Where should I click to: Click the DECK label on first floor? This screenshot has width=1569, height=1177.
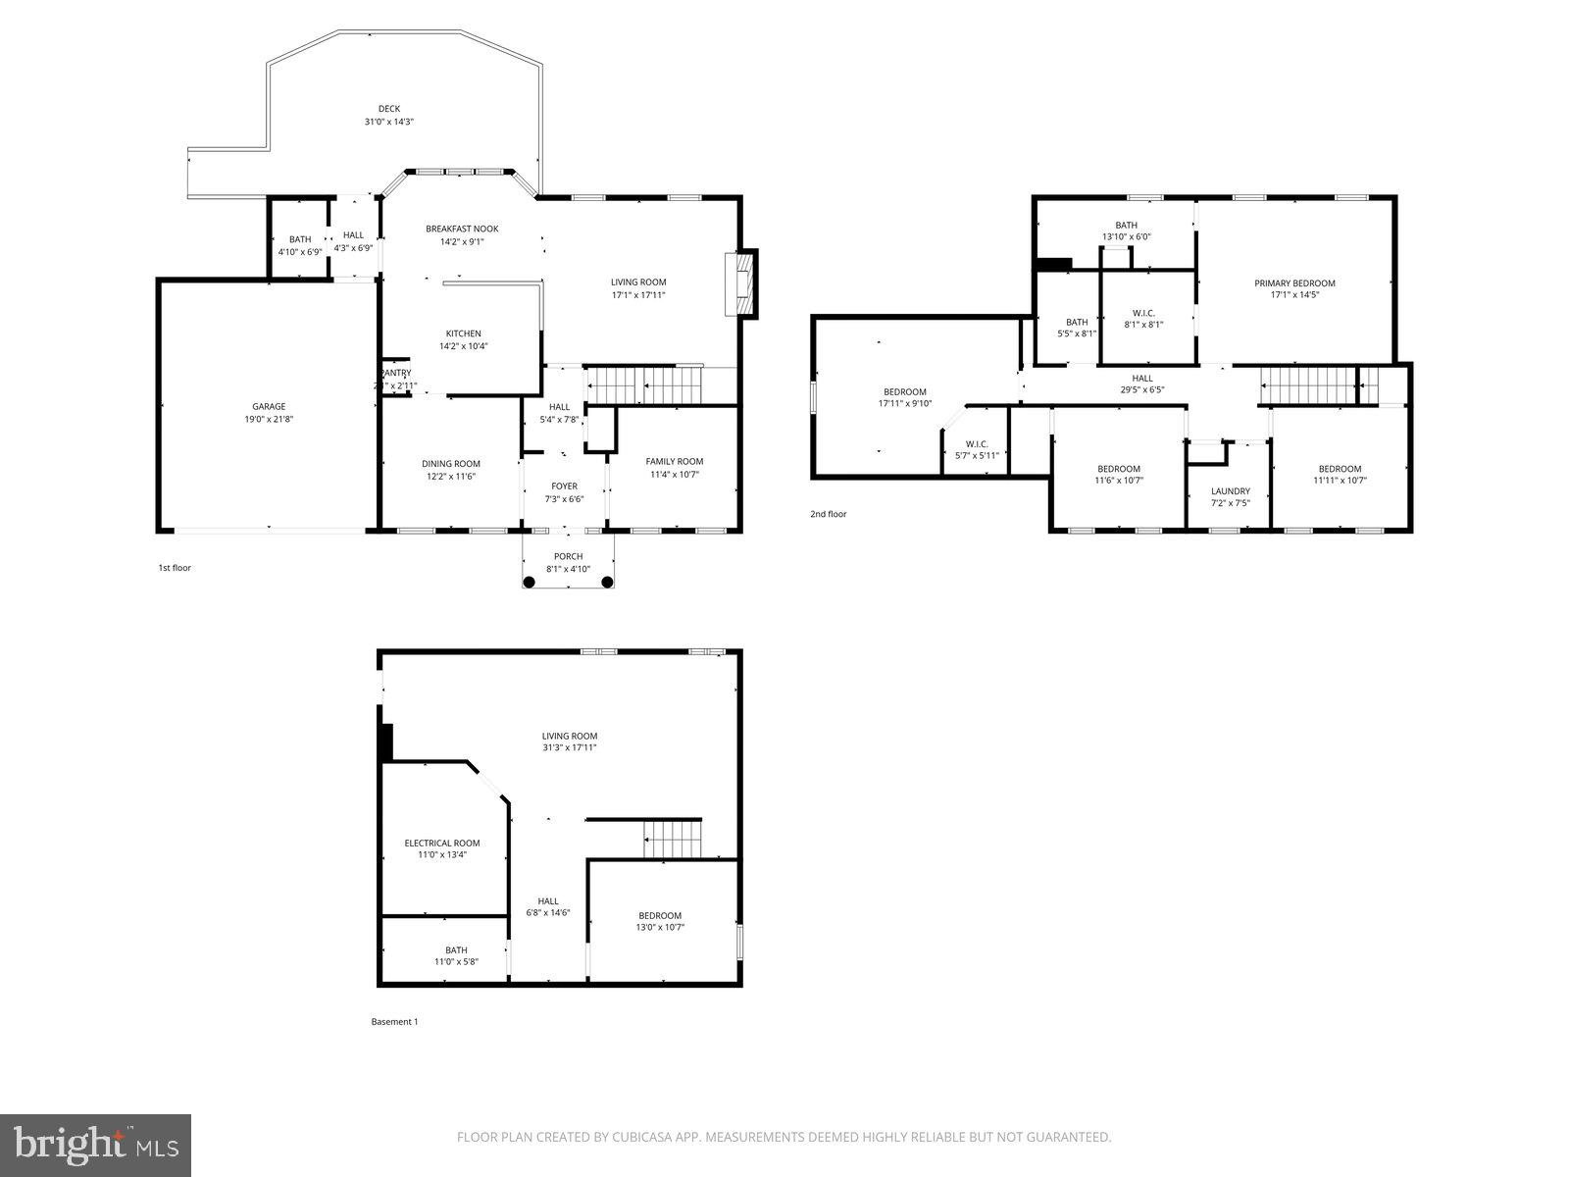pos(389,109)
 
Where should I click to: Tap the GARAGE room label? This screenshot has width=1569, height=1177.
pos(269,406)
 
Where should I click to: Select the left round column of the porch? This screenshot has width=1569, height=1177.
pos(529,582)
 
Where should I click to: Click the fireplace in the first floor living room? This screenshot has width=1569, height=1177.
pos(742,284)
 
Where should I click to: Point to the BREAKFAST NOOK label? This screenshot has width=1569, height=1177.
pos(462,229)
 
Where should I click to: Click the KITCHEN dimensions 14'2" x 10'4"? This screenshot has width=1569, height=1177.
pos(463,346)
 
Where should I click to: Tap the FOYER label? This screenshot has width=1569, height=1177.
pos(564,486)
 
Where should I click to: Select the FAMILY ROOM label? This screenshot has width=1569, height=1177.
pos(674,461)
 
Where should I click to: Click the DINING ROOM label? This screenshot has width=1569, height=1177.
pos(451,464)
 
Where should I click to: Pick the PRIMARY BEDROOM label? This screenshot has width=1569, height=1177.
pos(1294,283)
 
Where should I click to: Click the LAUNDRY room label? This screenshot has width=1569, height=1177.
pos(1230,491)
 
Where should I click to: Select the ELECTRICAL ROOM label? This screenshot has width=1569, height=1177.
pos(442,843)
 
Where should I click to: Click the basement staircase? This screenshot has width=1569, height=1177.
pos(673,840)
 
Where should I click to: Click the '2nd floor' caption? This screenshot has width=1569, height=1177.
pos(828,514)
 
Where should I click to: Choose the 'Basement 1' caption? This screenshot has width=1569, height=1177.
pos(394,1022)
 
